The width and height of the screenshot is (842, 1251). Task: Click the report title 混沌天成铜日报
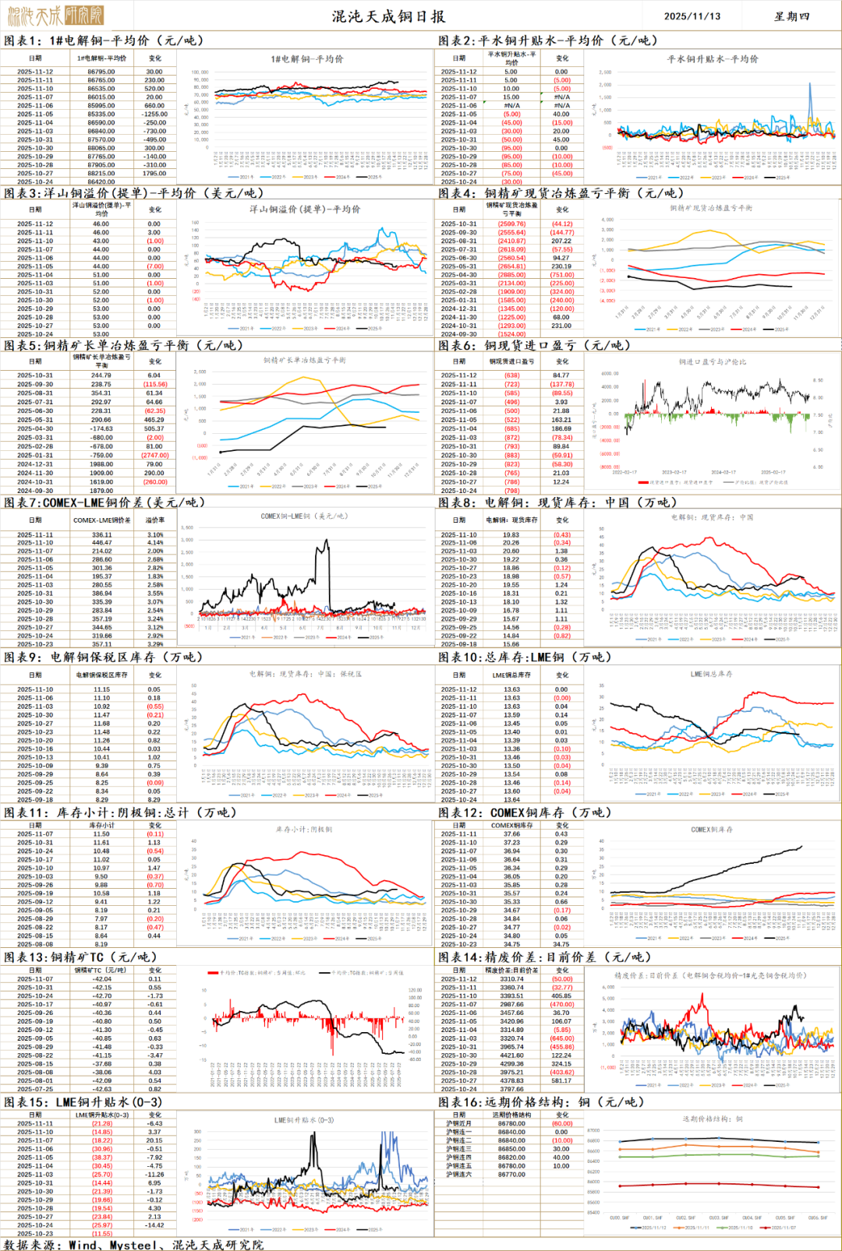point(388,16)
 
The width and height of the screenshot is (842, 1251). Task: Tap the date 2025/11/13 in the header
point(692,16)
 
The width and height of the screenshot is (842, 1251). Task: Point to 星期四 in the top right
point(791,16)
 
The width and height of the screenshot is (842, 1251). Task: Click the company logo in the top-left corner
point(55,15)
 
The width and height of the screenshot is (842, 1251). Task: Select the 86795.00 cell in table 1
point(101,72)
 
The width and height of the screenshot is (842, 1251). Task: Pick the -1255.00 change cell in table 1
point(154,114)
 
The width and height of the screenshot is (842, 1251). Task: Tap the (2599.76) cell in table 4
point(511,224)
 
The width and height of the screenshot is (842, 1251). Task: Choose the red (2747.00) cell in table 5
point(154,456)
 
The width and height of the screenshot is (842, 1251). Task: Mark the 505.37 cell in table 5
point(154,428)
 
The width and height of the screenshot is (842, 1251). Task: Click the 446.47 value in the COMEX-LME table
point(101,543)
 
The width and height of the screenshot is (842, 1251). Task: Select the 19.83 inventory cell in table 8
point(511,535)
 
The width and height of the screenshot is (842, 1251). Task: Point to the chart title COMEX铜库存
point(711,830)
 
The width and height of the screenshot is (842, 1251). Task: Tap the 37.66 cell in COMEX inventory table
point(511,833)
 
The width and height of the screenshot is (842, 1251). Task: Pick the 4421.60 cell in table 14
point(511,1055)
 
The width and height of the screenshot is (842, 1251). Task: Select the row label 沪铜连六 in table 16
point(458,1174)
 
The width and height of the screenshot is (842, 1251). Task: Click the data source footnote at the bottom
point(133,1245)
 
